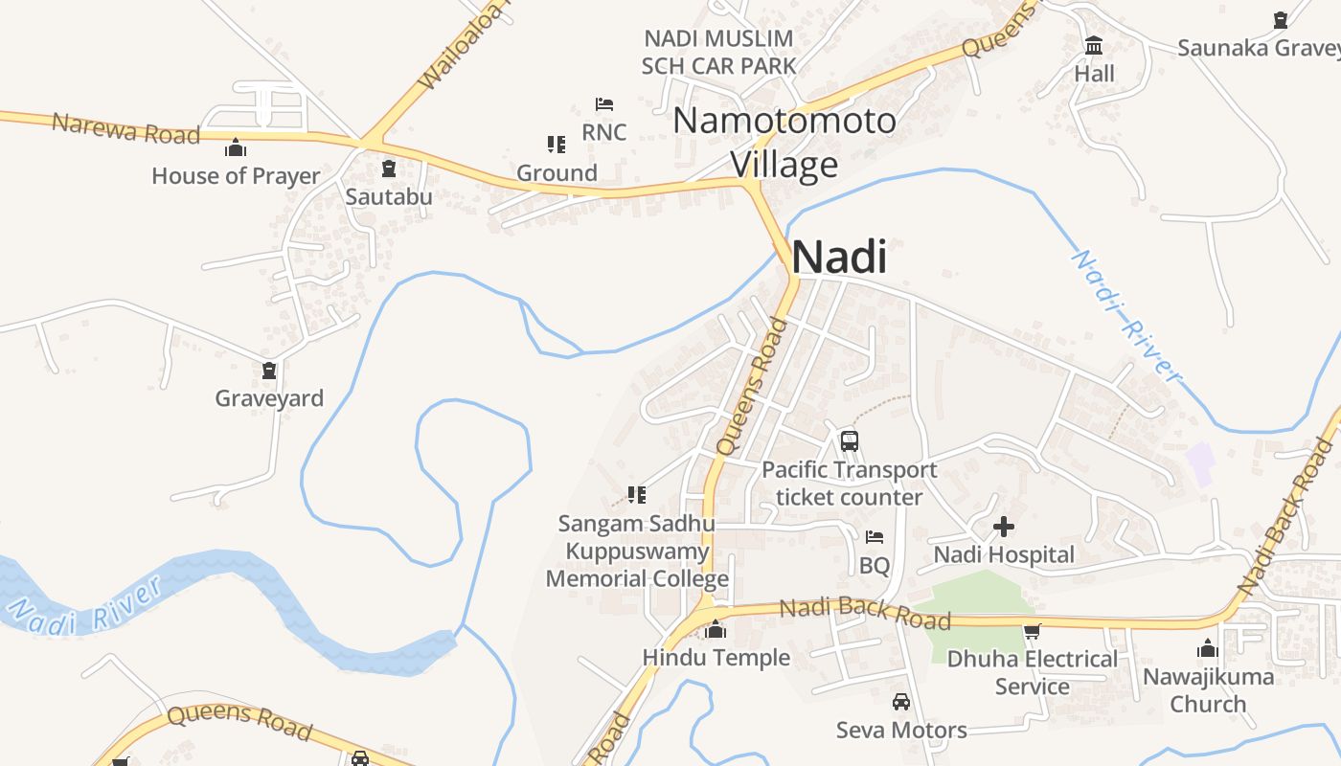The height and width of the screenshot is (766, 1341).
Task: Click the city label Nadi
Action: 839,257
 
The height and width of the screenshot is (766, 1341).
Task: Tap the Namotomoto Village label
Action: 784,143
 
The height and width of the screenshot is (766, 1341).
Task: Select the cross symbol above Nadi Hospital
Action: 1004,527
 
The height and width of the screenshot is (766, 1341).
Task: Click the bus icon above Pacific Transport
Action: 850,440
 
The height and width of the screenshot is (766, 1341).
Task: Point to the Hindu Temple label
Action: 716,658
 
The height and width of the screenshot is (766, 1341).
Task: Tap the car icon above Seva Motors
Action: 901,702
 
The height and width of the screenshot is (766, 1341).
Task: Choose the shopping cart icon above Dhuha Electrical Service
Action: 1032,632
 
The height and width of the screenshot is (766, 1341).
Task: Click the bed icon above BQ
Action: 875,537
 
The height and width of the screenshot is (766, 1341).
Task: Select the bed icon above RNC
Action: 604,103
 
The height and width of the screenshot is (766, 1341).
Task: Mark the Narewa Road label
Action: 125,127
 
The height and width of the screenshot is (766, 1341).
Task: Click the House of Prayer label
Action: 236,176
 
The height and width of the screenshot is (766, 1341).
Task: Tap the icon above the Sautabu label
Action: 388,169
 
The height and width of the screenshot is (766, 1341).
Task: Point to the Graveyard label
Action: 269,398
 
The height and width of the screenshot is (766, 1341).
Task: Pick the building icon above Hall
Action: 1094,45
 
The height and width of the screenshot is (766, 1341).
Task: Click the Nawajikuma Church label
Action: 1208,690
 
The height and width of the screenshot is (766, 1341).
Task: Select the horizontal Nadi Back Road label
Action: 865,614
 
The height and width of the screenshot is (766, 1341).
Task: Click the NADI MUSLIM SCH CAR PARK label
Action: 718,53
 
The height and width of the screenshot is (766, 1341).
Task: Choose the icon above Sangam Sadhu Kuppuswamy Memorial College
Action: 637,495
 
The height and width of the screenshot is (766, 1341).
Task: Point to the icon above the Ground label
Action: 557,145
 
